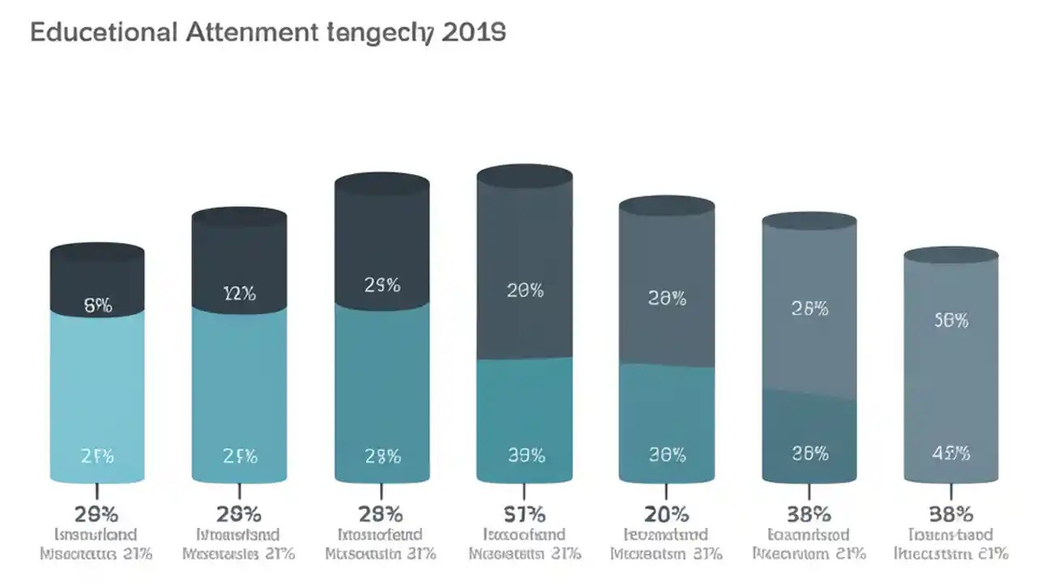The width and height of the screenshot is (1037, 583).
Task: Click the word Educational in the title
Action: click(101, 33)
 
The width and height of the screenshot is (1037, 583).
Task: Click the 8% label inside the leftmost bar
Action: click(97, 305)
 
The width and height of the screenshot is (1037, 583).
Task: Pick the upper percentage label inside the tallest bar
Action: click(525, 291)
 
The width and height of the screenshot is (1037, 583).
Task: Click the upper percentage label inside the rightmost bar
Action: click(951, 321)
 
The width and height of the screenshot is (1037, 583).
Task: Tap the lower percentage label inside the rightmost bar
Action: click(951, 455)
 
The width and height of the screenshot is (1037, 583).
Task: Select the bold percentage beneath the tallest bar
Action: click(525, 513)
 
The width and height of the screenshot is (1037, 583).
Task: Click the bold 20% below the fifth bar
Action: click(667, 513)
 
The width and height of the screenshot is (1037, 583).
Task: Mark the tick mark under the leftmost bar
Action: click(97, 492)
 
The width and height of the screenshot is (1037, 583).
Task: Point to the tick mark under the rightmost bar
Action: click(951, 492)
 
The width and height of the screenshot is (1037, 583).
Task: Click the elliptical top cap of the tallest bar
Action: click(525, 176)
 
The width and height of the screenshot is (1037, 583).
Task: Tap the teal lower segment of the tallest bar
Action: click(525, 413)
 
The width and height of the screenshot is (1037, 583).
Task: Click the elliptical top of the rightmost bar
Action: click(951, 256)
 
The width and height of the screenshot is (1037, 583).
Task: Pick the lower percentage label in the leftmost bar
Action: click(97, 456)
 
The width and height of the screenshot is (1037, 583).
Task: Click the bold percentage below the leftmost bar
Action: click(97, 513)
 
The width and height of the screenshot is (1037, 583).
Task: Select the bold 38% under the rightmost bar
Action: click(951, 513)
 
